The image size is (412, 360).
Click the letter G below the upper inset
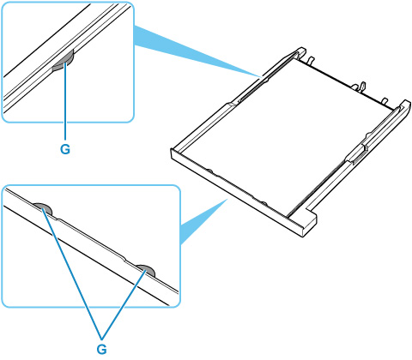65,148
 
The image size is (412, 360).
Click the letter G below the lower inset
102,349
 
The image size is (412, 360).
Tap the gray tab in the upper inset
64,63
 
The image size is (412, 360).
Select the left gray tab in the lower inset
43,208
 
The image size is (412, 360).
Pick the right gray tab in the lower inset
146,270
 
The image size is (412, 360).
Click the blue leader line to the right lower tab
124,303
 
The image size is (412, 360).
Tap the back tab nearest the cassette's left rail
311,60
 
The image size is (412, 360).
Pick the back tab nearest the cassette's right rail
385,100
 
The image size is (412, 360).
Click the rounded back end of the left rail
301,51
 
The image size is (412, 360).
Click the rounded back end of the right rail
406,105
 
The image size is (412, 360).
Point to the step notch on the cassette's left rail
231,104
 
